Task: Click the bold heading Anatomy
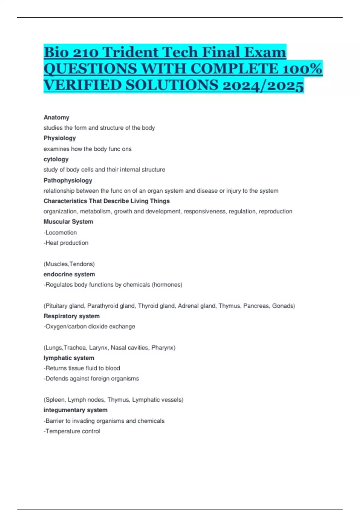coord(56,117)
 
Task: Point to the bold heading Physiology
coord(60,138)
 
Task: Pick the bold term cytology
coord(56,159)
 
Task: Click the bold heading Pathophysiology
coord(68,180)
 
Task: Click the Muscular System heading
coord(68,222)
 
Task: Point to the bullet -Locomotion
coord(60,232)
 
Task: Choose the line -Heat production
coord(66,243)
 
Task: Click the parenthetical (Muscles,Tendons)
coord(69,264)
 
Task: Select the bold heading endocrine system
coord(69,274)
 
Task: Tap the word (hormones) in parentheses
coord(167,285)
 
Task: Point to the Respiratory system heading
coord(72,316)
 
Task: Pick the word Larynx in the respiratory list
coord(98,348)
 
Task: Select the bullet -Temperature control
coord(72,431)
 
